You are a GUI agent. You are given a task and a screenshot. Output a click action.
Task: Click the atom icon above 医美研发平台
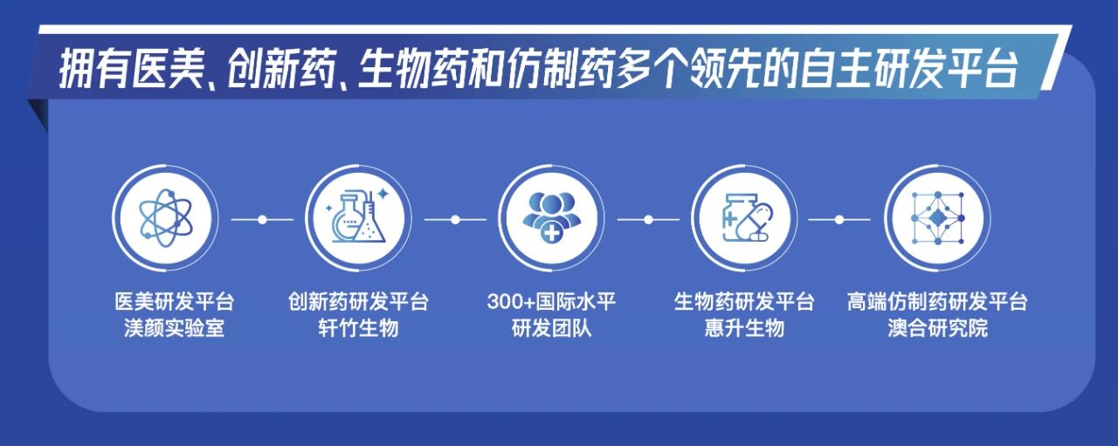point(165,218)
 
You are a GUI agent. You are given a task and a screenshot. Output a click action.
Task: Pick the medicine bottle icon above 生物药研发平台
point(745,218)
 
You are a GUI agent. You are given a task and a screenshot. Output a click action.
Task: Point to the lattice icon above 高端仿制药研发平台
point(937,218)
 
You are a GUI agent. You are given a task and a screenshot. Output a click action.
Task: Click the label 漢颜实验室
point(174,328)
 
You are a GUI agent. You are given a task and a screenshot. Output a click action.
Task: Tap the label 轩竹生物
point(358,328)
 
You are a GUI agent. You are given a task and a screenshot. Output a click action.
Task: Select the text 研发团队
point(551,328)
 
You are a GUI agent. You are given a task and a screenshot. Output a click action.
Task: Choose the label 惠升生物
point(744,328)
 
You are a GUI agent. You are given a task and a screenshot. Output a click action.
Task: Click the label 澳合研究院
point(938,328)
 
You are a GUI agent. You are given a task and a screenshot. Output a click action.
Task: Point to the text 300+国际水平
point(551,301)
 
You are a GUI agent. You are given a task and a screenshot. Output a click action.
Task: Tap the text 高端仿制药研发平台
point(937,301)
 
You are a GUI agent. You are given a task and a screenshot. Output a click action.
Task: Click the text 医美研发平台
point(174,301)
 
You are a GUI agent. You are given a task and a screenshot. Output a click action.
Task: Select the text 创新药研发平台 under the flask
point(358,301)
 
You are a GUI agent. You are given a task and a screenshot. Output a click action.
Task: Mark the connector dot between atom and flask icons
point(262,219)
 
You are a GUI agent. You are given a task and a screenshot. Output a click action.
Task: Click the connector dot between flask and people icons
point(455,219)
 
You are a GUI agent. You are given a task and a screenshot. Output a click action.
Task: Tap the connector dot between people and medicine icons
point(648,219)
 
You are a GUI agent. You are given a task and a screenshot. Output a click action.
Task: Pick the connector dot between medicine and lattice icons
point(839,219)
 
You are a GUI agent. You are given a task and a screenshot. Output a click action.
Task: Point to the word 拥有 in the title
point(93,69)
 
